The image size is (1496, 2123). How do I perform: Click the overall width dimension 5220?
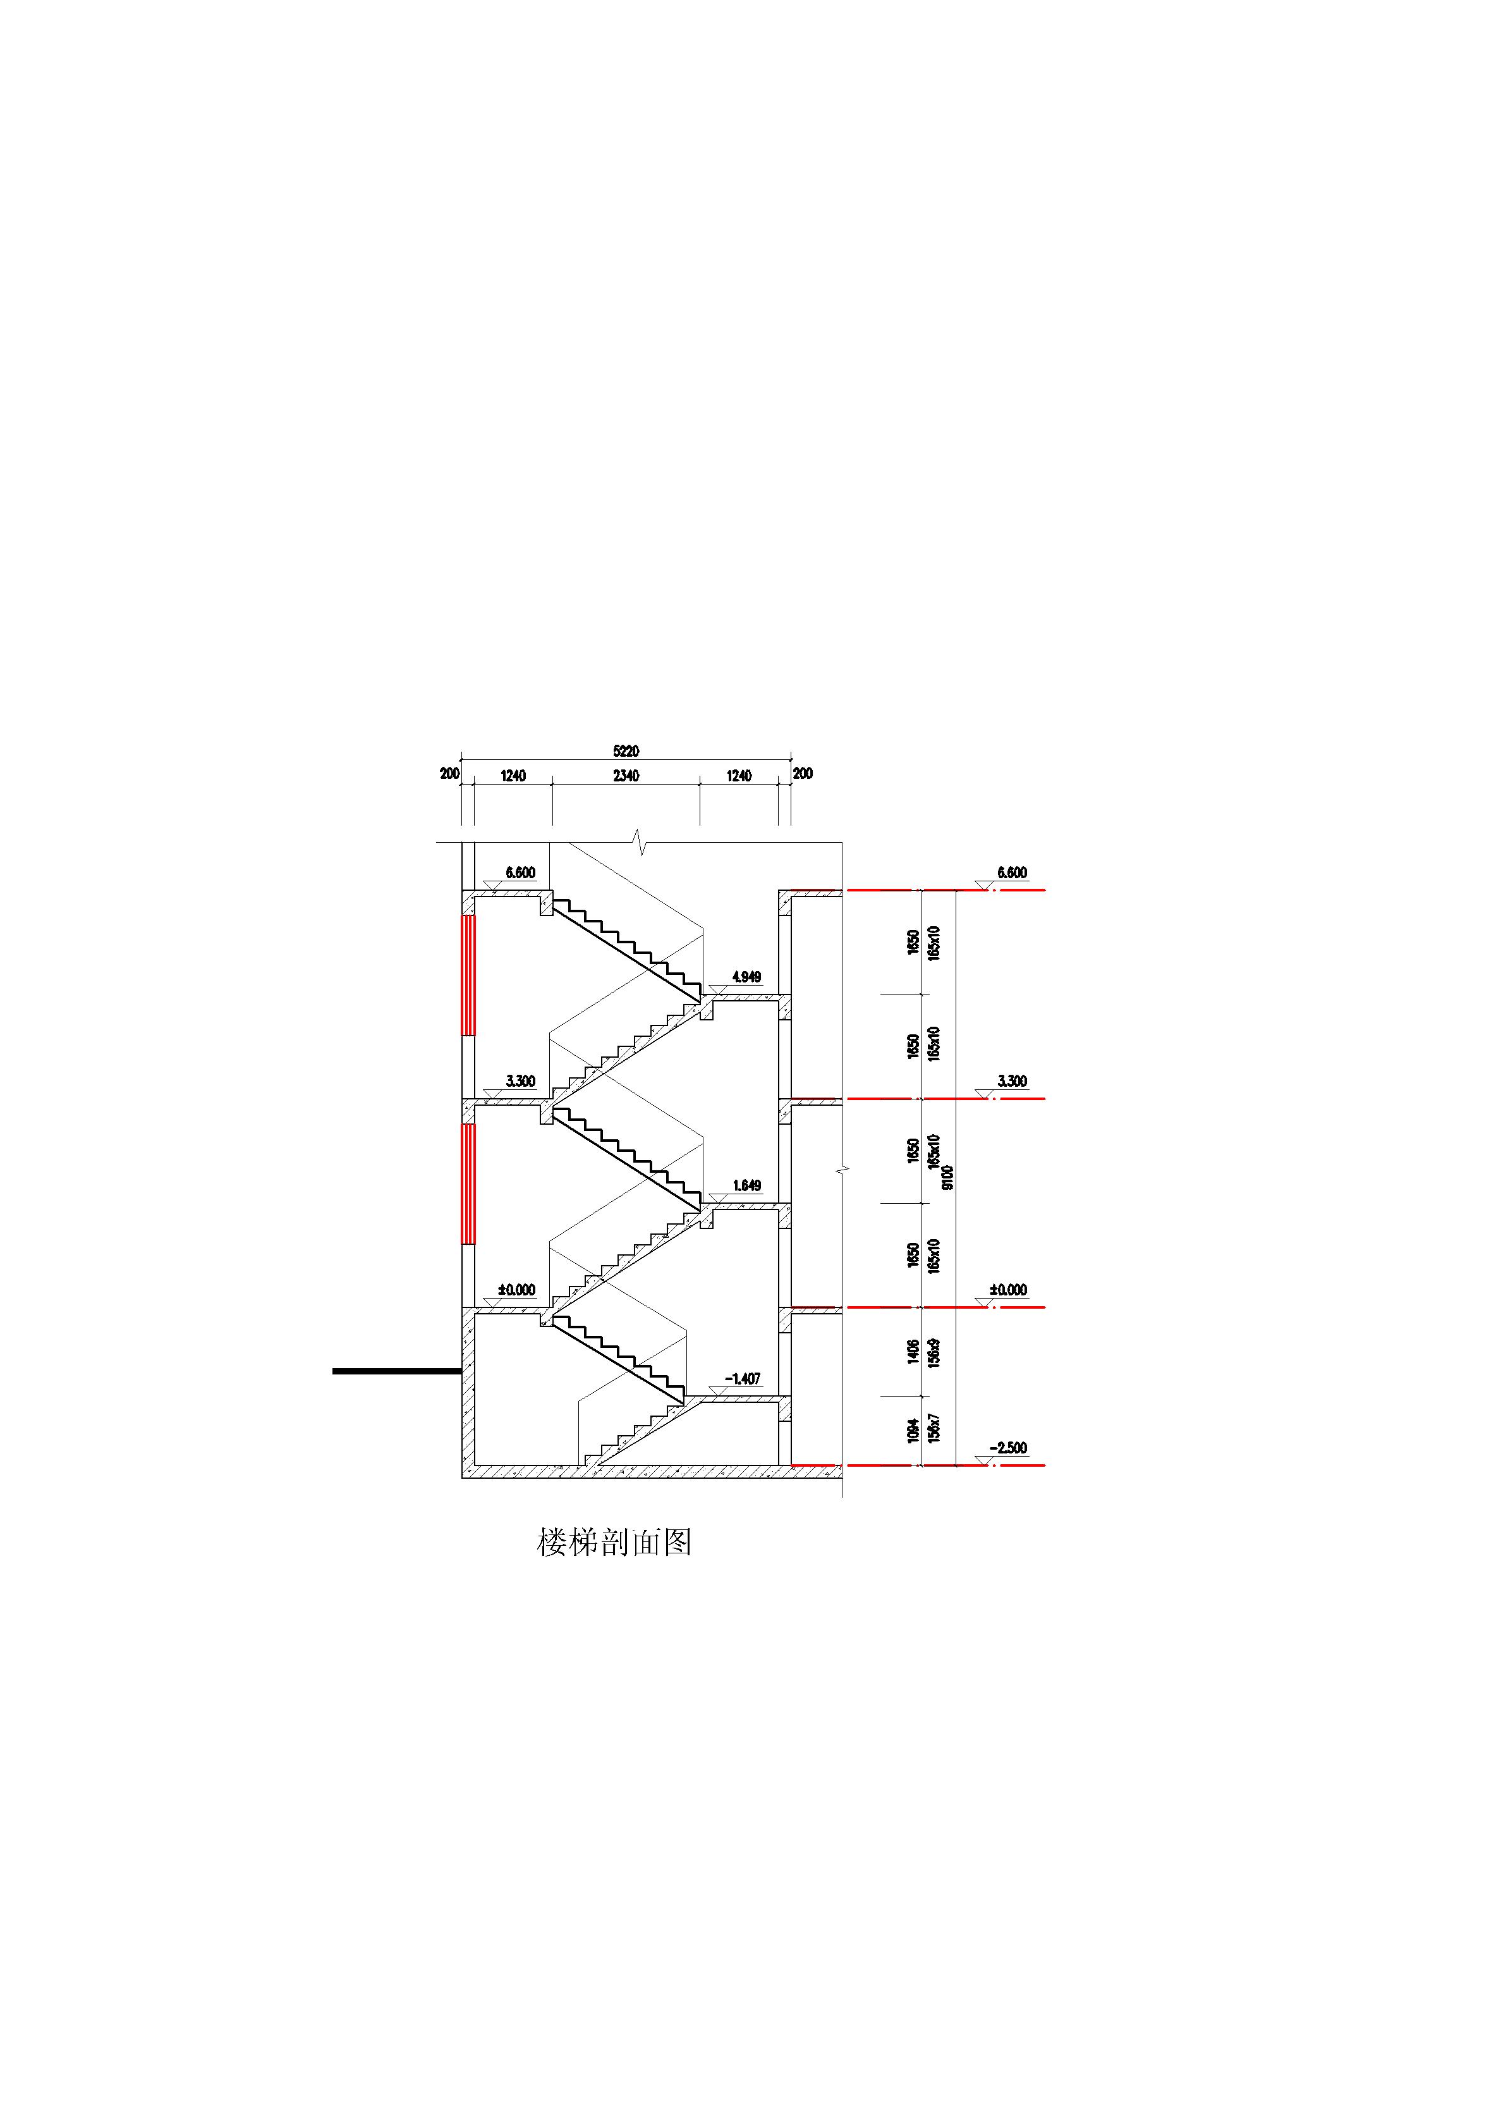pyautogui.click(x=626, y=752)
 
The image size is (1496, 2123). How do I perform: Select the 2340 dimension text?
pyautogui.click(x=626, y=776)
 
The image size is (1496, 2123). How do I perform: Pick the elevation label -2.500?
pyautogui.click(x=1008, y=1448)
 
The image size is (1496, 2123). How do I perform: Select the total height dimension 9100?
pyautogui.click(x=947, y=1177)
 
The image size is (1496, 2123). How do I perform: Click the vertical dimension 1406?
pyautogui.click(x=913, y=1352)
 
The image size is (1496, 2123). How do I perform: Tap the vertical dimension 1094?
pyautogui.click(x=913, y=1431)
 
